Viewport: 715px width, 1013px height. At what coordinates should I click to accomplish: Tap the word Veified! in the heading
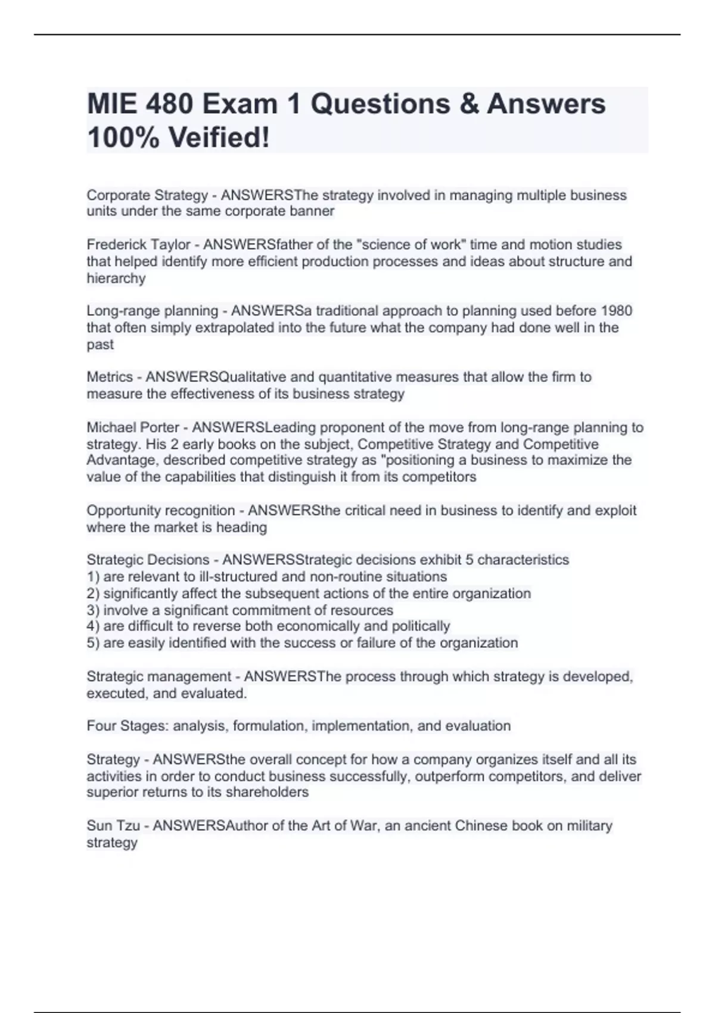point(219,138)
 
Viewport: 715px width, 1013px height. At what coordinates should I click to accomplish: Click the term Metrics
point(110,377)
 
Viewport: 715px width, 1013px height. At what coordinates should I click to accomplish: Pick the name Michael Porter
point(133,428)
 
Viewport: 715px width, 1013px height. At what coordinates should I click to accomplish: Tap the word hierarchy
point(116,278)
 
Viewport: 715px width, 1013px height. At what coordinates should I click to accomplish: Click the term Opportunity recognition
point(161,511)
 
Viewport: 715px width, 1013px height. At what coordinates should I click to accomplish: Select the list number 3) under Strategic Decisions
point(93,610)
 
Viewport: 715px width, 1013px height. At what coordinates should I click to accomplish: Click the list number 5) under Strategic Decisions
point(93,643)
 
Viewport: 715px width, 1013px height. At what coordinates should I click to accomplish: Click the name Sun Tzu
point(113,826)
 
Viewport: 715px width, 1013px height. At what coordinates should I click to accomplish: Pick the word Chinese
point(480,826)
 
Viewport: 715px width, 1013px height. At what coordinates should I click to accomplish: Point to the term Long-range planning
point(153,311)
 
